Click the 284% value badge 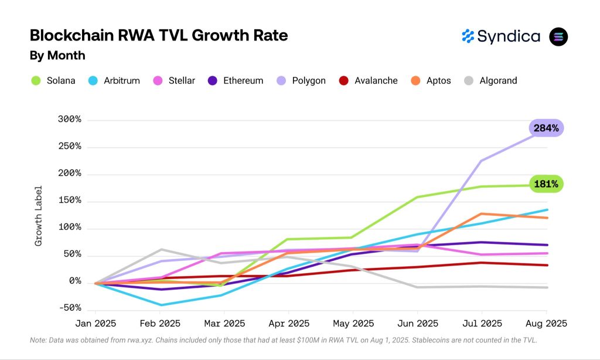coord(546,128)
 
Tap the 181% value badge coord(546,184)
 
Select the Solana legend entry coord(54,80)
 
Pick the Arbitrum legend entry coord(114,80)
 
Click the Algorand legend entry coord(490,80)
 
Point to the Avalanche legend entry coord(369,80)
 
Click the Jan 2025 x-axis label coord(96,324)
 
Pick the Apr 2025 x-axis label coord(289,324)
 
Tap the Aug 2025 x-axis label coord(547,324)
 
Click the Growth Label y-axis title coord(39,215)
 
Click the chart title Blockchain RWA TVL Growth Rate coord(159,36)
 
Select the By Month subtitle coord(57,56)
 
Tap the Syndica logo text coord(508,36)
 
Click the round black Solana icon coord(558,36)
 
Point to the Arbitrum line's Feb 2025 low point coord(160,305)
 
